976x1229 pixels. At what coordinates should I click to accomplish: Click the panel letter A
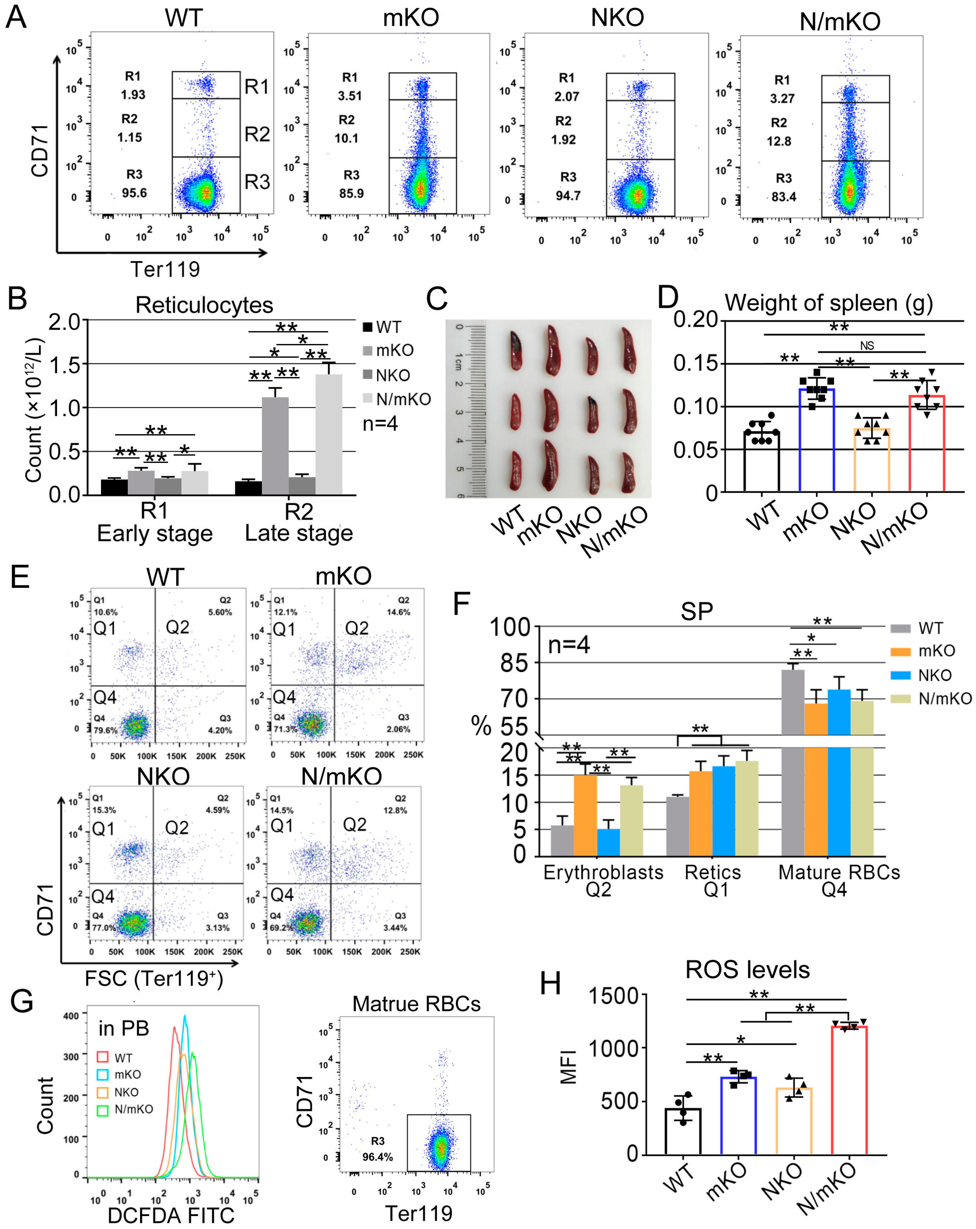coord(16,17)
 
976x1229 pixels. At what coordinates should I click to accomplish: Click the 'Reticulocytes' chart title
coord(204,305)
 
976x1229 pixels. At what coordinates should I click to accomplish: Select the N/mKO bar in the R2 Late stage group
coord(329,433)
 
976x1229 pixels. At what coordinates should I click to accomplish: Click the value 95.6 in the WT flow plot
coord(134,193)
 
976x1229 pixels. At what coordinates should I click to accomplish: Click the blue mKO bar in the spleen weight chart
coord(816,439)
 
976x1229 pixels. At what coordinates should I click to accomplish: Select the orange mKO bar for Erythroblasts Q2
coord(585,815)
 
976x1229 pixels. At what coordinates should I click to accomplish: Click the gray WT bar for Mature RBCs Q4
coord(792,764)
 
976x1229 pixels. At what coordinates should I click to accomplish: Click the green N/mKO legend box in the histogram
coord(103,1109)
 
